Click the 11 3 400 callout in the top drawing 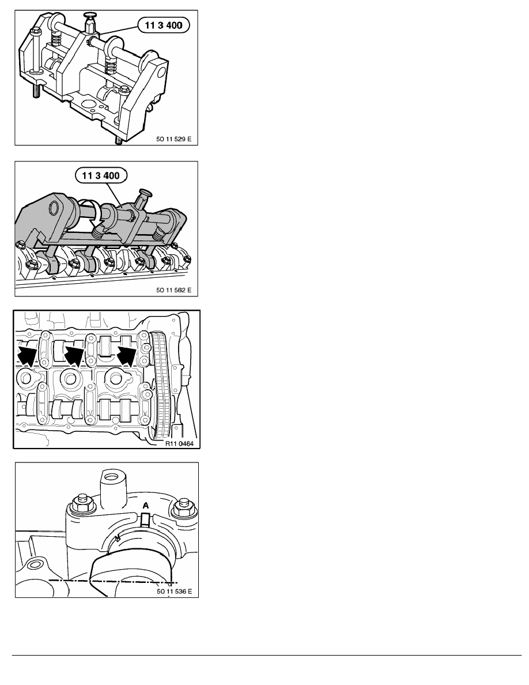[x=164, y=25]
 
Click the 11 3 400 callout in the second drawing [x=101, y=176]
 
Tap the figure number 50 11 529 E [x=173, y=139]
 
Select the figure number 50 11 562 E [x=173, y=289]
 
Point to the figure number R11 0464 [x=179, y=444]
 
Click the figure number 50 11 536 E [x=174, y=592]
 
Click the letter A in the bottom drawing [x=146, y=506]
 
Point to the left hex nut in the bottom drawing [x=82, y=504]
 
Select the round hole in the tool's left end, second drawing [x=55, y=208]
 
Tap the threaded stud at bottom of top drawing [x=118, y=140]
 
